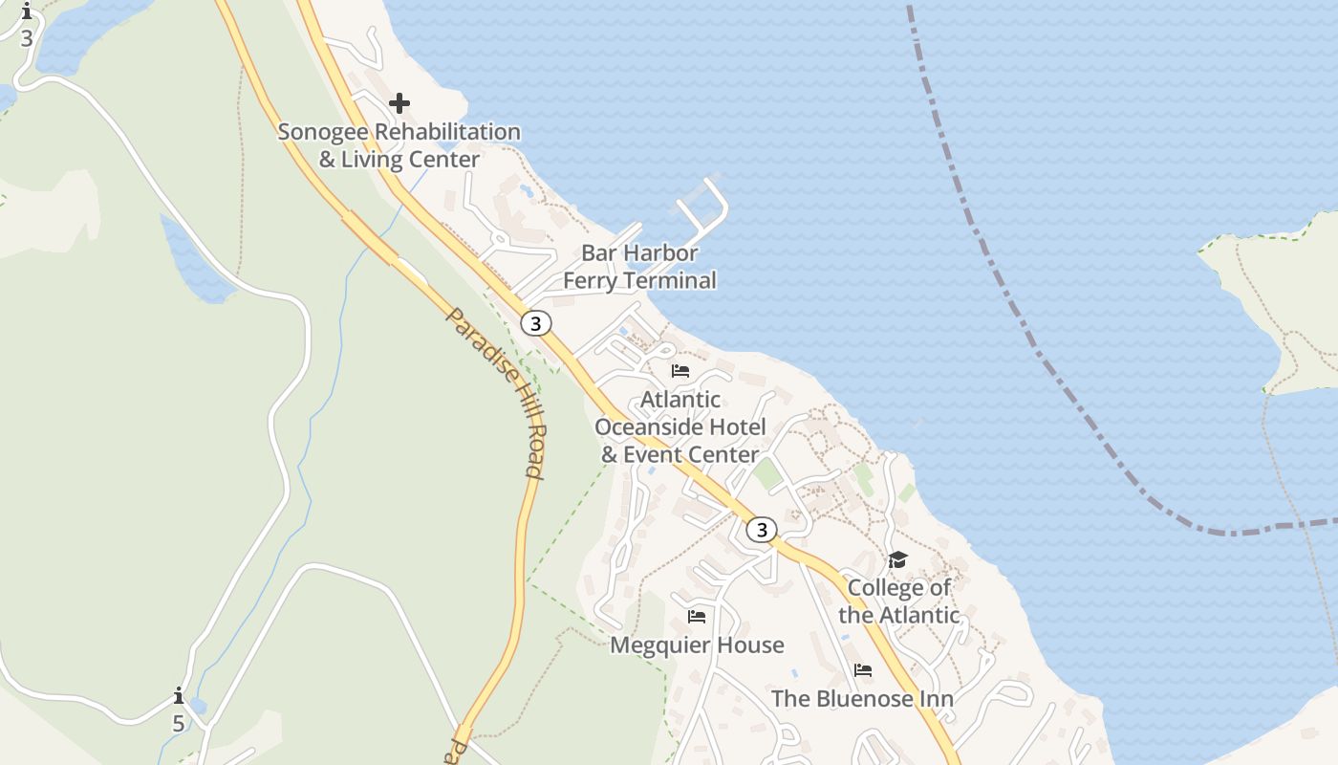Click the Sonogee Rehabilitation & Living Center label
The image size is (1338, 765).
(399, 145)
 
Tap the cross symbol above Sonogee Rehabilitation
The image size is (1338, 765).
(399, 102)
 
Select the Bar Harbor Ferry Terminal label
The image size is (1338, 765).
(639, 267)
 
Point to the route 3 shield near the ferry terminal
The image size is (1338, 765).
(536, 323)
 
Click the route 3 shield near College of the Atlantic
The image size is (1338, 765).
(761, 530)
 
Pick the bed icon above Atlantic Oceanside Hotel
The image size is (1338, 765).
(680, 370)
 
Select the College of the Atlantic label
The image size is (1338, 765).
(899, 601)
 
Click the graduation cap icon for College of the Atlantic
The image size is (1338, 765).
(897, 559)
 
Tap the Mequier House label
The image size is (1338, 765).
(697, 645)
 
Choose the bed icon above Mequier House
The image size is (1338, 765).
(697, 617)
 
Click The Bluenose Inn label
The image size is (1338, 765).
(862, 699)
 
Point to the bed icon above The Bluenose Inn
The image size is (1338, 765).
(863, 670)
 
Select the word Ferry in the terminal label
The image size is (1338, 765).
(590, 281)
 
